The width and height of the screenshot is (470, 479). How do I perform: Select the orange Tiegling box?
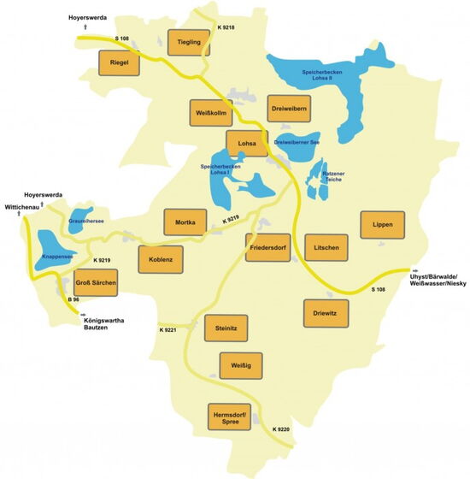tap(189, 42)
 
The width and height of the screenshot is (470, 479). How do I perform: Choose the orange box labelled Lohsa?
tap(247, 144)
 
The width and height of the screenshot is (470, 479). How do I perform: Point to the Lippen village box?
tap(382, 224)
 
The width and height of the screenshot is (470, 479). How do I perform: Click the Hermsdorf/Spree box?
tap(232, 418)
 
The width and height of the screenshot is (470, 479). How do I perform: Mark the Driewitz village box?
tap(326, 313)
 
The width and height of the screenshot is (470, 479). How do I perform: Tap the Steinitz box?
tap(226, 328)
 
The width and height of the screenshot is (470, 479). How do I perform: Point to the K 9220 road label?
tap(282, 429)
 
